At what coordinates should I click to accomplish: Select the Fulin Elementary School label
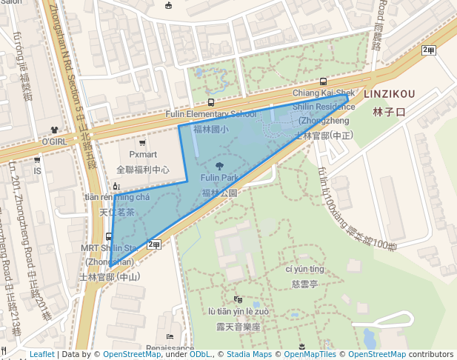(x=211, y=114)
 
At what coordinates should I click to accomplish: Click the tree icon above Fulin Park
(x=219, y=166)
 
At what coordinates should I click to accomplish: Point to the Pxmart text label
(x=143, y=154)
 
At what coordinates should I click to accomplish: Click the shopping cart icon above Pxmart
(x=143, y=141)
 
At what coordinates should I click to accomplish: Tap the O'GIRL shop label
(x=54, y=141)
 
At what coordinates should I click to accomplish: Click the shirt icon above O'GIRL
(x=54, y=129)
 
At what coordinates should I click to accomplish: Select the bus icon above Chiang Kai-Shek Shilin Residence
(x=322, y=81)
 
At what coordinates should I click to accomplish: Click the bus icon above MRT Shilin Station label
(x=110, y=236)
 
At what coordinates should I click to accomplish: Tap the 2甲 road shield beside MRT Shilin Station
(x=154, y=244)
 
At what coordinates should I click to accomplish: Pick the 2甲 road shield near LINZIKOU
(x=428, y=50)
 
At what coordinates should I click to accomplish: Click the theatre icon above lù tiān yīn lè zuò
(x=238, y=299)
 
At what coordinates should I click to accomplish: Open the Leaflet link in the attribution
(x=41, y=354)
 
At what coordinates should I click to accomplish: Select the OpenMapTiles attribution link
(x=310, y=354)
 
